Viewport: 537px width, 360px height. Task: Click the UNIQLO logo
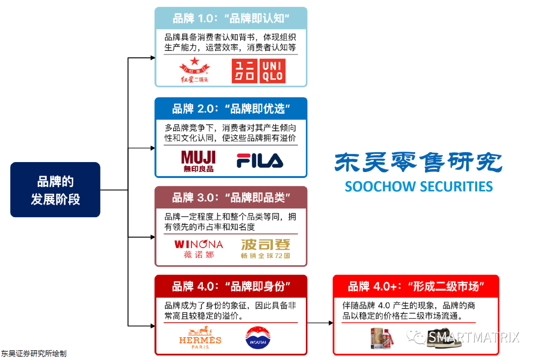[258, 71]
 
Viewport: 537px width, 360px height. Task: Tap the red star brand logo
[194, 70]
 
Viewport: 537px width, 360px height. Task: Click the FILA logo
[260, 161]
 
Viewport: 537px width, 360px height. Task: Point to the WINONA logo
[198, 249]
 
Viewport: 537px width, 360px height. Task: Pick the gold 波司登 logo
[265, 249]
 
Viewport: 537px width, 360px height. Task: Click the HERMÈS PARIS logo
[200, 338]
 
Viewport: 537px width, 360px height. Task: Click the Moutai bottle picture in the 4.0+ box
[381, 339]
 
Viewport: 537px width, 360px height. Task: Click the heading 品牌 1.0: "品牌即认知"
[231, 19]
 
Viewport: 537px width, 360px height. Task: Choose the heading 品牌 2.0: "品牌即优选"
[231, 108]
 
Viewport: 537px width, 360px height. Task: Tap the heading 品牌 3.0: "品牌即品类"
[231, 197]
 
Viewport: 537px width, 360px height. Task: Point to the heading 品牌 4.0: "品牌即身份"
[231, 286]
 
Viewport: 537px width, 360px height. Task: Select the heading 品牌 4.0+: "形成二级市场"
[416, 286]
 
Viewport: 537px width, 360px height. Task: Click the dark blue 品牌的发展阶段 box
[55, 189]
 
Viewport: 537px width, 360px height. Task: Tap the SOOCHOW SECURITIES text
[419, 186]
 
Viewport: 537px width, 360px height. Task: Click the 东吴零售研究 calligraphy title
[419, 162]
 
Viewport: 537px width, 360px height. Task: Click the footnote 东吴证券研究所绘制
[33, 354]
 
